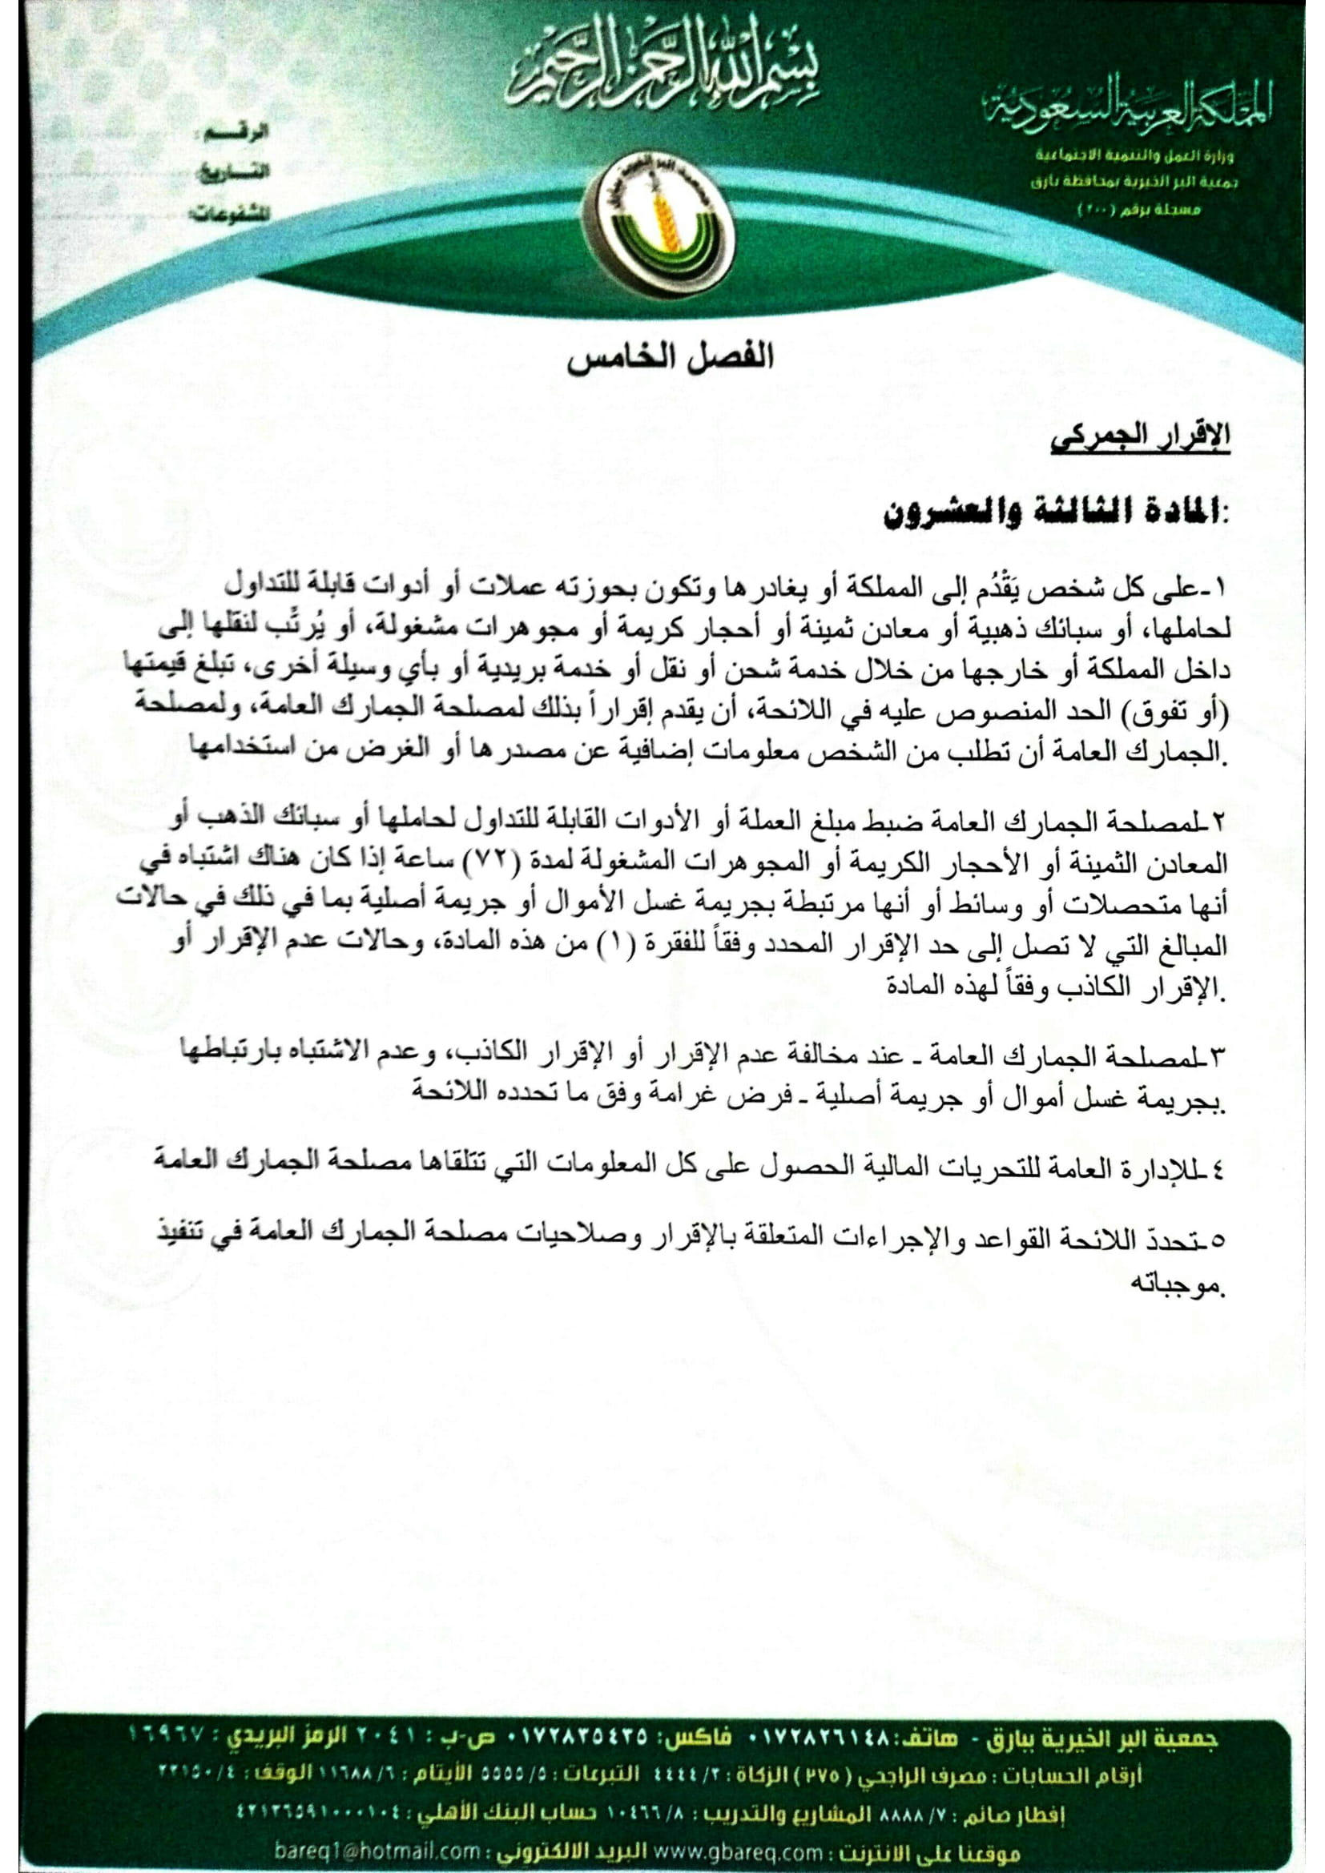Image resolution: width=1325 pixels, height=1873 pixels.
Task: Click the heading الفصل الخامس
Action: [x=670, y=356]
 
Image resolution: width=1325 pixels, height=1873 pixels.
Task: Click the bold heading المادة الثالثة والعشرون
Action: [x=1056, y=516]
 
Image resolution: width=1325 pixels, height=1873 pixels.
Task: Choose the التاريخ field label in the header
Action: [x=234, y=174]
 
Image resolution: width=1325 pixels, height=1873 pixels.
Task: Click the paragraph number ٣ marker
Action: [x=1220, y=1058]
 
